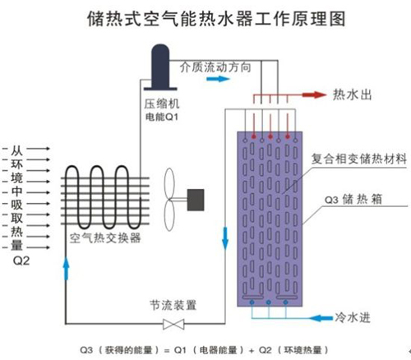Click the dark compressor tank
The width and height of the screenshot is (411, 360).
pyautogui.click(x=160, y=67)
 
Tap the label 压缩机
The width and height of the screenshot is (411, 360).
pyautogui.click(x=162, y=104)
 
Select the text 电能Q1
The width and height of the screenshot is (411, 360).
pyautogui.click(x=162, y=118)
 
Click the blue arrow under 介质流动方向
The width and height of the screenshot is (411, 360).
pyautogui.click(x=218, y=79)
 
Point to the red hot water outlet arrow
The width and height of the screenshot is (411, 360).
pyautogui.click(x=315, y=95)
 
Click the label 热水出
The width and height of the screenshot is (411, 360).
pyautogui.click(x=352, y=95)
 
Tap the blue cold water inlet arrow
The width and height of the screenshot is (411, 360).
pyautogui.click(x=321, y=318)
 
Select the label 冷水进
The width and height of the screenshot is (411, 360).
pyautogui.click(x=353, y=318)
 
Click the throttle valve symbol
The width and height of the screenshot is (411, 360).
pyautogui.click(x=173, y=324)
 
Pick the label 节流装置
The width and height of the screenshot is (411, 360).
pyautogui.click(x=173, y=305)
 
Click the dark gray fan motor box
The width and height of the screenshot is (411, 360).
pyautogui.click(x=196, y=200)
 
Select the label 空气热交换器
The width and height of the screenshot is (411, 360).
pyautogui.click(x=105, y=238)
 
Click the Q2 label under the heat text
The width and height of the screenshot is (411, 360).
pyautogui.click(x=21, y=261)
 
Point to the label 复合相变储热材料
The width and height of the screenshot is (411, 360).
pyautogui.click(x=358, y=159)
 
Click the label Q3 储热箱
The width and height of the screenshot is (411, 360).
pyautogui.click(x=353, y=199)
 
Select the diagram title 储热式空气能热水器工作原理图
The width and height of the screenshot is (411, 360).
pyautogui.click(x=216, y=19)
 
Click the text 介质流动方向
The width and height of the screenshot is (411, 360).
pyautogui.click(x=215, y=67)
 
